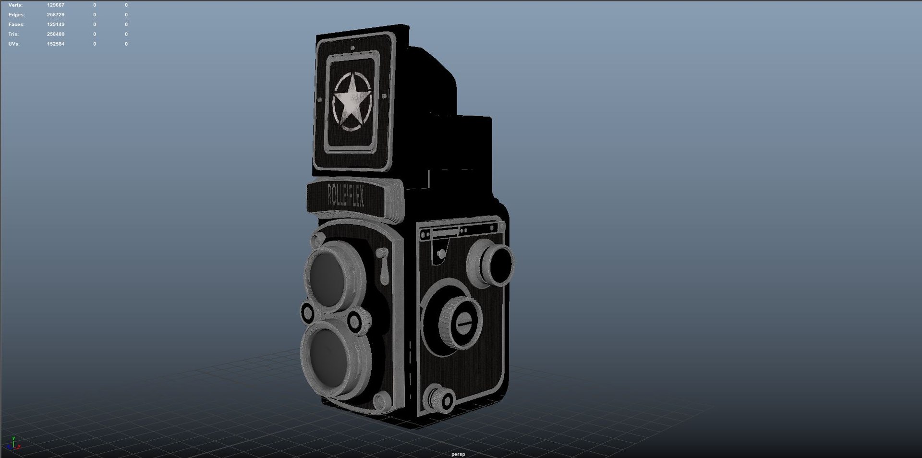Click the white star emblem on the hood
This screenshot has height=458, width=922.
352,101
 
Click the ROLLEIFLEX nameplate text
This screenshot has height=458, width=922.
346,196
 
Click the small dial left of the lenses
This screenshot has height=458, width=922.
307,313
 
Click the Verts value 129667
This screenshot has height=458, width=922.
56,5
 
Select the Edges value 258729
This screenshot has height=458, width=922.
56,15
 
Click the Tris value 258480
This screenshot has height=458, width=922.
56,34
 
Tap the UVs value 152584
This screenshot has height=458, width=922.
56,44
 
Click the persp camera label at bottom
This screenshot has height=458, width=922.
458,454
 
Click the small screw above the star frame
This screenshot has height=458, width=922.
352,48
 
